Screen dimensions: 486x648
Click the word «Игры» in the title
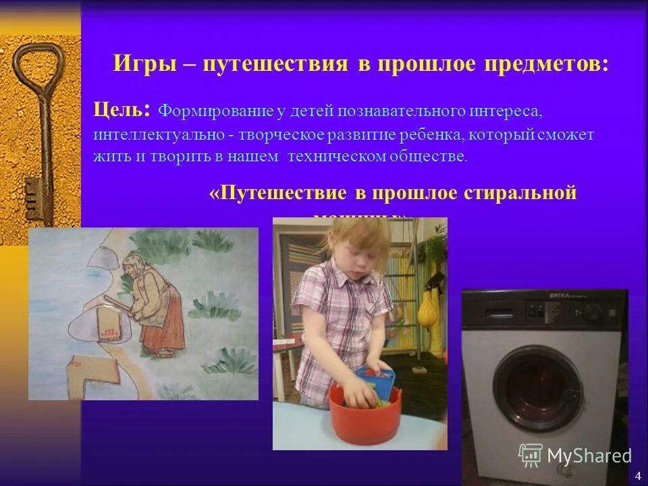tap(142, 64)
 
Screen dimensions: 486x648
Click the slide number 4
tap(638, 477)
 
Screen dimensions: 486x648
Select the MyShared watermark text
tap(589, 456)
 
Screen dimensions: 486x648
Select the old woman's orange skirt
tap(165, 324)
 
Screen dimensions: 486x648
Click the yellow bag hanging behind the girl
tap(426, 313)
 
